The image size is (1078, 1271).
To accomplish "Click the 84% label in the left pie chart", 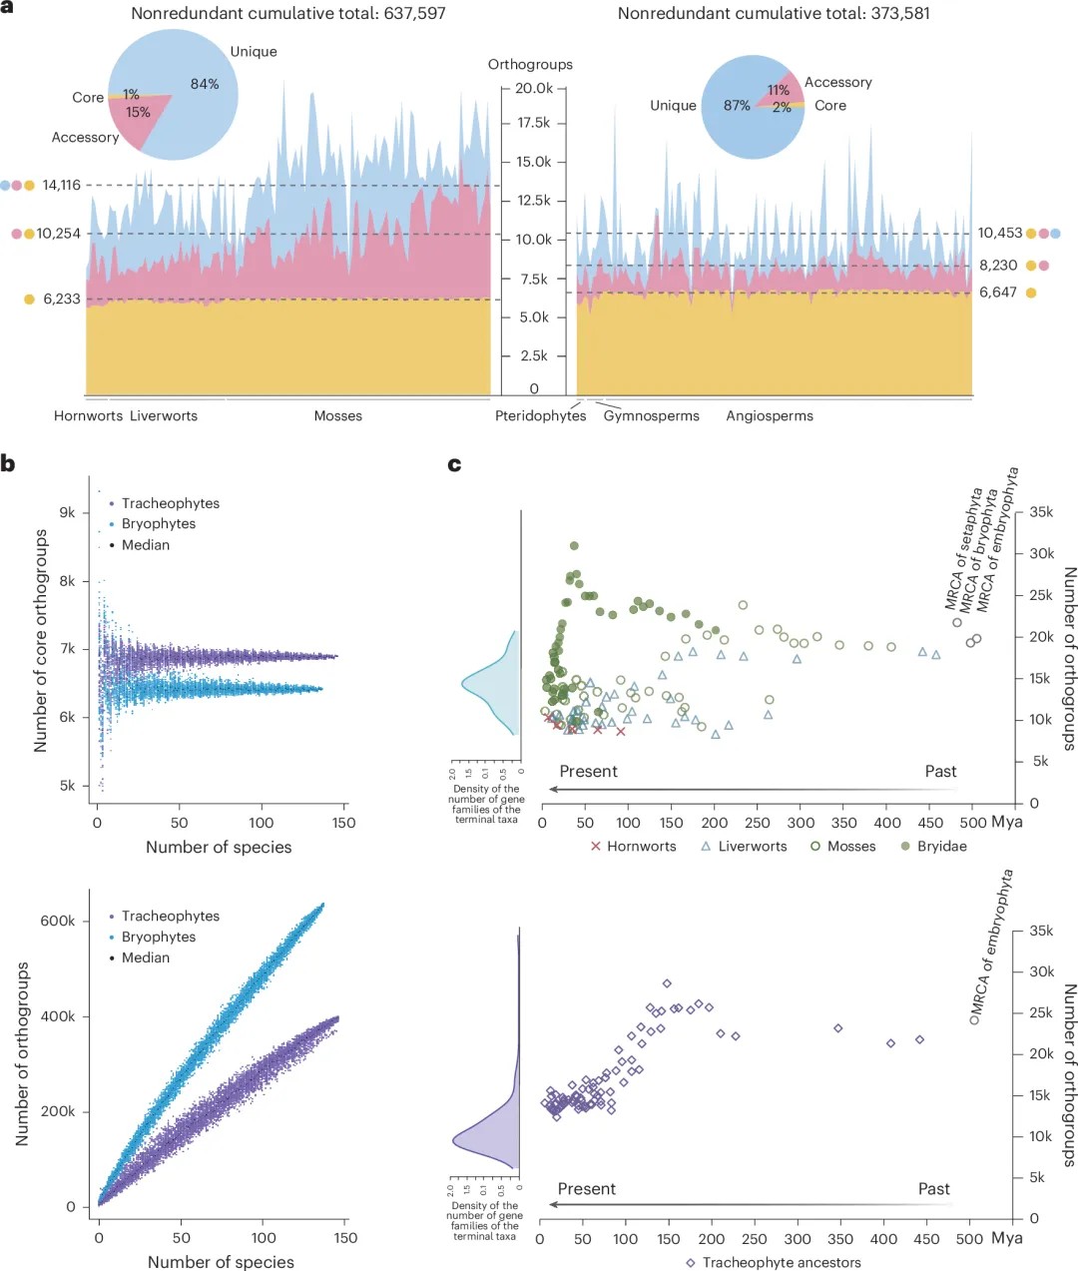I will coord(205,84).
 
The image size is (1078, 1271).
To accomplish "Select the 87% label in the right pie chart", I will coord(737,106).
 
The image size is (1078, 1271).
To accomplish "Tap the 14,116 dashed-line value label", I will coord(61,185).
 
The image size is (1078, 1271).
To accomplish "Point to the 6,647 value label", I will coord(997,293).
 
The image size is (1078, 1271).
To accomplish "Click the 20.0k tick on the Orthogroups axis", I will coord(534,89).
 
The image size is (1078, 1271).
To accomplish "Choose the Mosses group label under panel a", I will coord(337,416).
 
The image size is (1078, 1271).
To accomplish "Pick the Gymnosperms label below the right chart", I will coord(651,416).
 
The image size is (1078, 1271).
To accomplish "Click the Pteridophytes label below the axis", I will coord(540,416).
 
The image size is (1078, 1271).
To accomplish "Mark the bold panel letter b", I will coord(8,463).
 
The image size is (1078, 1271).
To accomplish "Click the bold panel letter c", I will coord(454,464).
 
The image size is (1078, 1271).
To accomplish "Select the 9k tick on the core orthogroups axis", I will coord(67,513).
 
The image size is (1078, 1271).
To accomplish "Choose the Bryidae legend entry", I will coord(934,847).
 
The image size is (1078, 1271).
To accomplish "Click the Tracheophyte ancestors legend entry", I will coord(774,1263).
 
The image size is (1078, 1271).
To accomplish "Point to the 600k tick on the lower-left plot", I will coord(57,922).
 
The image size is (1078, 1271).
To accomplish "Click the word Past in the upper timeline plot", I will coord(940,772).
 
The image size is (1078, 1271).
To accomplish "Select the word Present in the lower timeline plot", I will coord(586,1189).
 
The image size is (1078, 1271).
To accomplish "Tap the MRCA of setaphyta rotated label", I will coord(964,549).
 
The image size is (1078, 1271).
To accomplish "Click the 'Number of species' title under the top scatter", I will coord(219,848).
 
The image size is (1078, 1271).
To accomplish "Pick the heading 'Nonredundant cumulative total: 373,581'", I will coord(774,14).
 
